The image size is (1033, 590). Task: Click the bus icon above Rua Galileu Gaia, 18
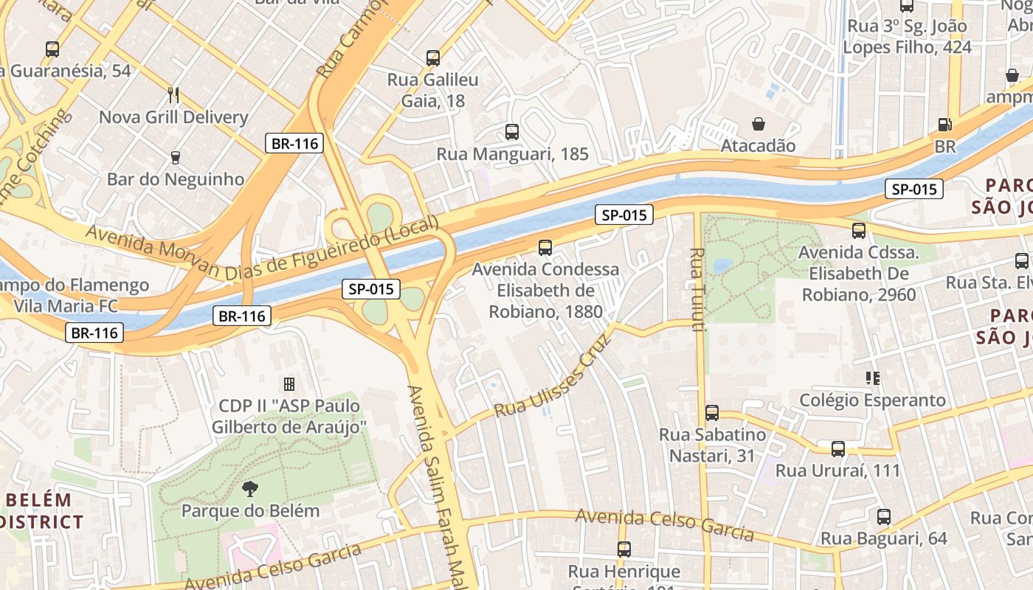(x=433, y=58)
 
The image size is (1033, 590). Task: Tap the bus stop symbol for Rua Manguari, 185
(x=512, y=132)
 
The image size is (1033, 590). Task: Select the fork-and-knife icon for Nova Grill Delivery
(x=173, y=94)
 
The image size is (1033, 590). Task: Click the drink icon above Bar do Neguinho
(x=176, y=157)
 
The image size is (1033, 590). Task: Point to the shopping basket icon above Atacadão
(x=758, y=123)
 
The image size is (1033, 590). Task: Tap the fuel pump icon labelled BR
(x=944, y=125)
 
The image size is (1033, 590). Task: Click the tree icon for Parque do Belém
(x=250, y=487)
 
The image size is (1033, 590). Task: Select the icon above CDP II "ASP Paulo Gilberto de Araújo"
(x=289, y=383)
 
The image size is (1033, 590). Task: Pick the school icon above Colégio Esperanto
(x=873, y=378)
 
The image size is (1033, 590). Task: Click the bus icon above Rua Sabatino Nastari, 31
(x=712, y=412)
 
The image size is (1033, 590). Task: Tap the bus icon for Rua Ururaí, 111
(x=838, y=448)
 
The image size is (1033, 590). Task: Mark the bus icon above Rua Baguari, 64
(x=884, y=516)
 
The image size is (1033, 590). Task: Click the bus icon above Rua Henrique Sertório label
(x=624, y=549)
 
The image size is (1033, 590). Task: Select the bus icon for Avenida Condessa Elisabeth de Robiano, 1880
(x=545, y=247)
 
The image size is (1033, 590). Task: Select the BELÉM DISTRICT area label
(x=41, y=511)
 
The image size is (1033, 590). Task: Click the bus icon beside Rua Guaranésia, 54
(x=52, y=49)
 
